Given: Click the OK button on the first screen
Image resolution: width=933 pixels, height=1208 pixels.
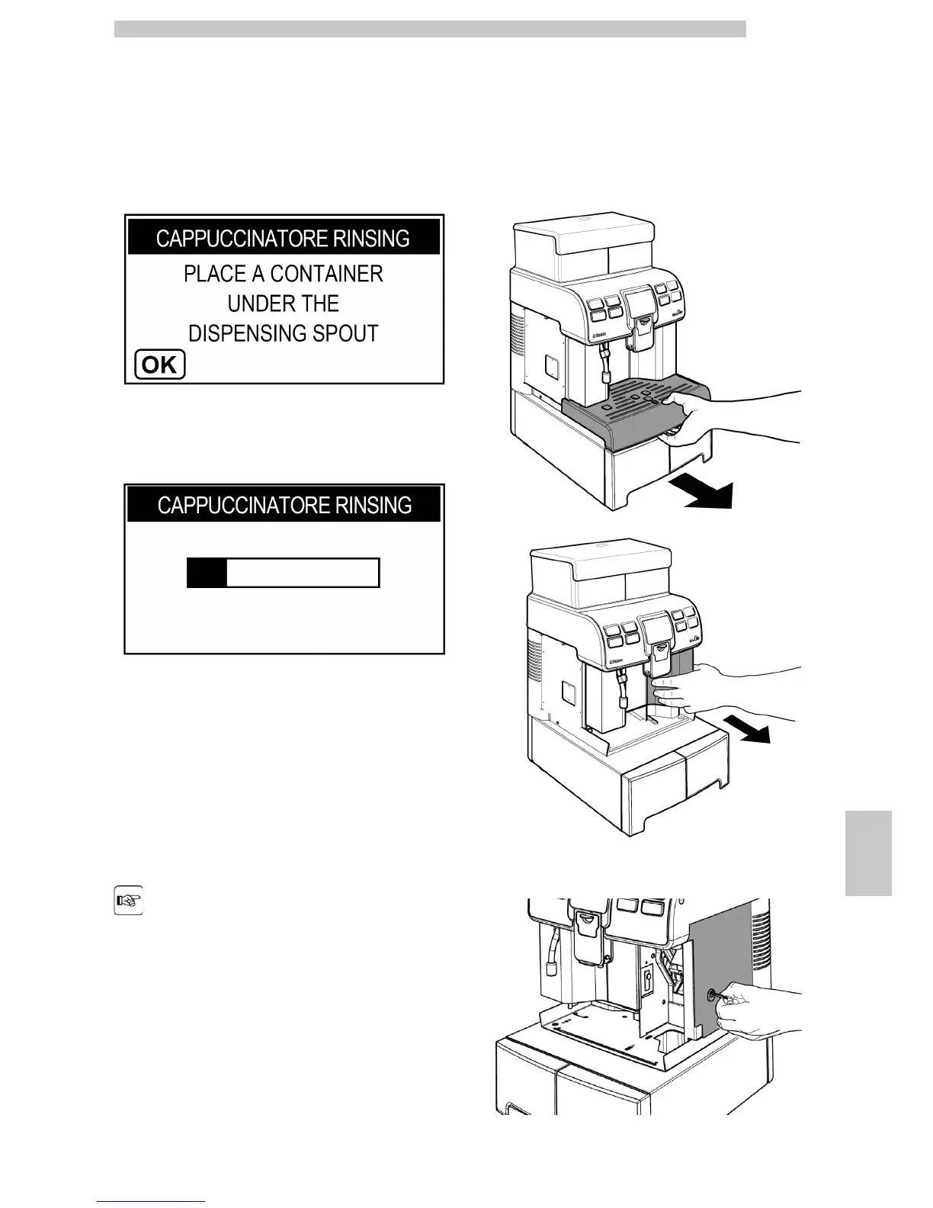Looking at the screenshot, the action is (159, 365).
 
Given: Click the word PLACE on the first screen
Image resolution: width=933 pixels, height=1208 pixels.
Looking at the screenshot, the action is (216, 274).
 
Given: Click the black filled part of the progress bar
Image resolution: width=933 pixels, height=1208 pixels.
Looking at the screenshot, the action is (207, 572).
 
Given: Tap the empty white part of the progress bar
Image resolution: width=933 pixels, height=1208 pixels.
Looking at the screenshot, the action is (302, 572).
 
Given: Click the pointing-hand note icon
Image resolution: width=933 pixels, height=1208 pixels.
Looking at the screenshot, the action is (129, 900).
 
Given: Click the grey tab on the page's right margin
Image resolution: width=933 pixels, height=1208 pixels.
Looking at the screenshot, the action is (868, 853).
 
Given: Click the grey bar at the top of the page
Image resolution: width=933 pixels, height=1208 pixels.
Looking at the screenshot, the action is (430, 29).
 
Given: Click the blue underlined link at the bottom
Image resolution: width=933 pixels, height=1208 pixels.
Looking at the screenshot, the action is (151, 1202).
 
